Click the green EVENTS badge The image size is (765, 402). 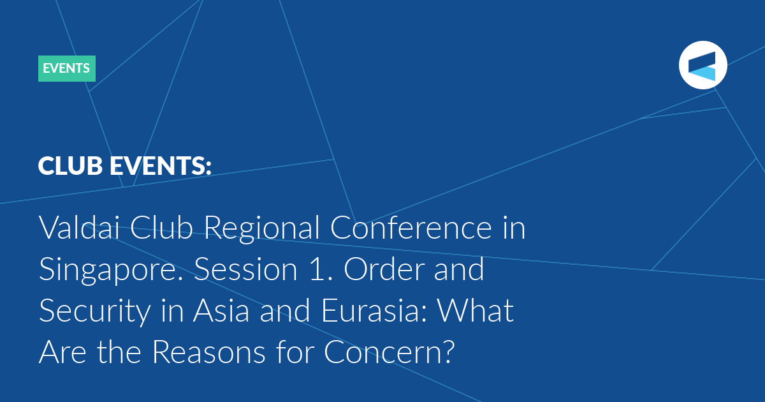pyautogui.click(x=67, y=68)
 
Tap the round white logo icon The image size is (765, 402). pyautogui.click(x=703, y=65)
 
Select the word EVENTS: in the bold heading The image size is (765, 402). pyautogui.click(x=161, y=166)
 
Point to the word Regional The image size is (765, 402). pyautogui.click(x=261, y=228)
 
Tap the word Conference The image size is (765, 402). pyautogui.click(x=411, y=227)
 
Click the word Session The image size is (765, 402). pyautogui.click(x=246, y=269)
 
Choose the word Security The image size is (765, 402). pyautogui.click(x=95, y=311)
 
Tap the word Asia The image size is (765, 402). pyautogui.click(x=221, y=310)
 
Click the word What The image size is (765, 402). pyautogui.click(x=476, y=310)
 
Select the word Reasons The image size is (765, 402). pyautogui.click(x=208, y=352)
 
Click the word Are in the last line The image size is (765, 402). pyautogui.click(x=62, y=352)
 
